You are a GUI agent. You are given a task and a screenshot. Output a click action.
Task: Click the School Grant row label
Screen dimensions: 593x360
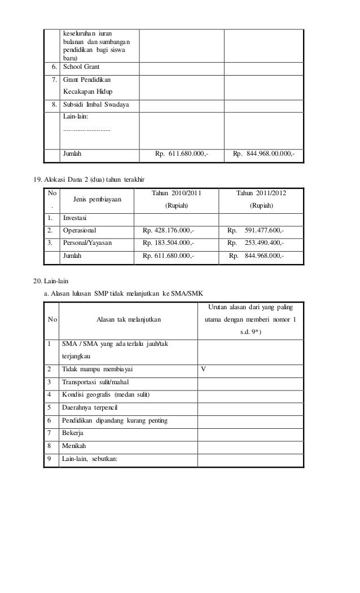(81, 67)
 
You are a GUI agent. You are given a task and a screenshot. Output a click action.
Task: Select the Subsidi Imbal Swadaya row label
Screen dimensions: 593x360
(95, 105)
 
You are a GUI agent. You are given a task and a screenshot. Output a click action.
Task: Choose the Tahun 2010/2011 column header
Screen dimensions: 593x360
(177, 194)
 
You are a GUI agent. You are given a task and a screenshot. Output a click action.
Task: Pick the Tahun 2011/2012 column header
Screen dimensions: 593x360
(260, 194)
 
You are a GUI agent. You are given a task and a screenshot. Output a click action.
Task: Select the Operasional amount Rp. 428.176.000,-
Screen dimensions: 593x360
(168, 230)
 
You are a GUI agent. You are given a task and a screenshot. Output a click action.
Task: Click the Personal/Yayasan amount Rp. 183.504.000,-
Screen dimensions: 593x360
(168, 243)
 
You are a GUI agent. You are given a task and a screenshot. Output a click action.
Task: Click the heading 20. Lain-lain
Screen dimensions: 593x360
(51, 279)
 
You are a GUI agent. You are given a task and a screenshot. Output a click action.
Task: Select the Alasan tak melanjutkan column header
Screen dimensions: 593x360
(128, 319)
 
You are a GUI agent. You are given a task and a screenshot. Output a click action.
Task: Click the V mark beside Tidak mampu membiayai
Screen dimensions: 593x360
(204, 370)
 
